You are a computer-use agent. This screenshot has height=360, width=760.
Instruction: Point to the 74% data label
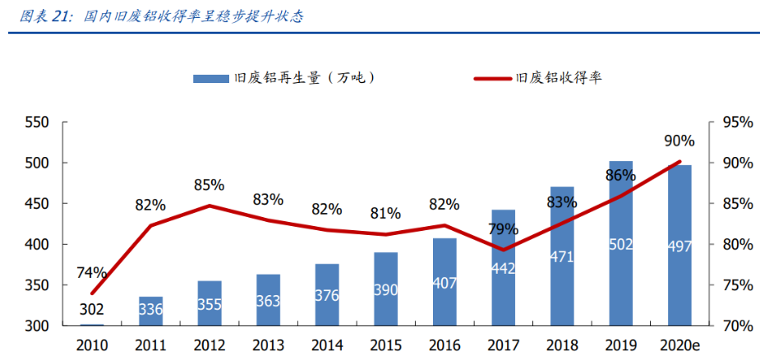pyautogui.click(x=91, y=272)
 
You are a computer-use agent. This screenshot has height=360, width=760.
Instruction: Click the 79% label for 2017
pyautogui.click(x=503, y=228)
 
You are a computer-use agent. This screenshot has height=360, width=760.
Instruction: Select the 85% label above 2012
pyautogui.click(x=209, y=185)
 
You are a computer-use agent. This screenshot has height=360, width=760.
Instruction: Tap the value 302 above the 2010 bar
pyautogui.click(x=91, y=310)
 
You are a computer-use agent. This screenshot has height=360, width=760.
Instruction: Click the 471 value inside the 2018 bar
pyautogui.click(x=562, y=256)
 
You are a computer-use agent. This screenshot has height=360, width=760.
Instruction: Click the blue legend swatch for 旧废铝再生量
pyautogui.click(x=211, y=78)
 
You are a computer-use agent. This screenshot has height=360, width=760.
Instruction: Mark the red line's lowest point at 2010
pyautogui.click(x=92, y=293)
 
